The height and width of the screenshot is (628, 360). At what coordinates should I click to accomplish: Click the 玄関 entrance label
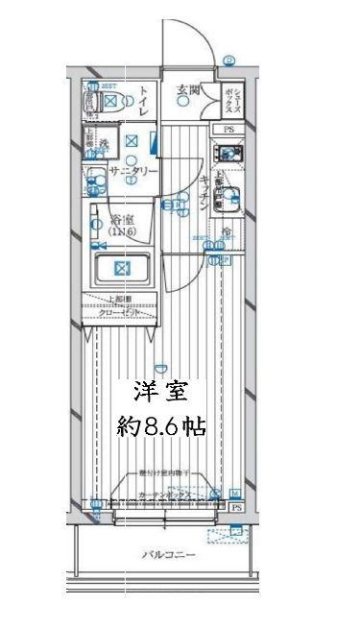coord(187,92)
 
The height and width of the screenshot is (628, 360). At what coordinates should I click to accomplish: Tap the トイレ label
coord(141,100)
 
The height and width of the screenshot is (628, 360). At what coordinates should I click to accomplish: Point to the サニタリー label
coord(132,171)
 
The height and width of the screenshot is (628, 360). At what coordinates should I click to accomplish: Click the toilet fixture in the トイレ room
coord(107,104)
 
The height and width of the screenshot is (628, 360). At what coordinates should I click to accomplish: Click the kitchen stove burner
coord(228,154)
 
